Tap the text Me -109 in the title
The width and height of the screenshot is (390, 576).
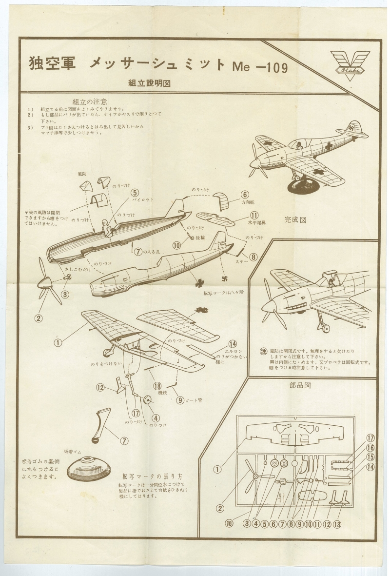pyautogui.click(x=260, y=66)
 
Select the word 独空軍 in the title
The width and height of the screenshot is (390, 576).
pyautogui.click(x=52, y=64)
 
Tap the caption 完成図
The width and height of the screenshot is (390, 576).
pyautogui.click(x=295, y=220)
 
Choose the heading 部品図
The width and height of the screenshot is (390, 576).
pyautogui.click(x=300, y=385)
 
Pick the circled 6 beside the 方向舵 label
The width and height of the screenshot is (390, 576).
pyautogui.click(x=245, y=195)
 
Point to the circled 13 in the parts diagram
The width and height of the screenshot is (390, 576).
pyautogui.click(x=336, y=524)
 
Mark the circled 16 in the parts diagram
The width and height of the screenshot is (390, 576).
pyautogui.click(x=370, y=447)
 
